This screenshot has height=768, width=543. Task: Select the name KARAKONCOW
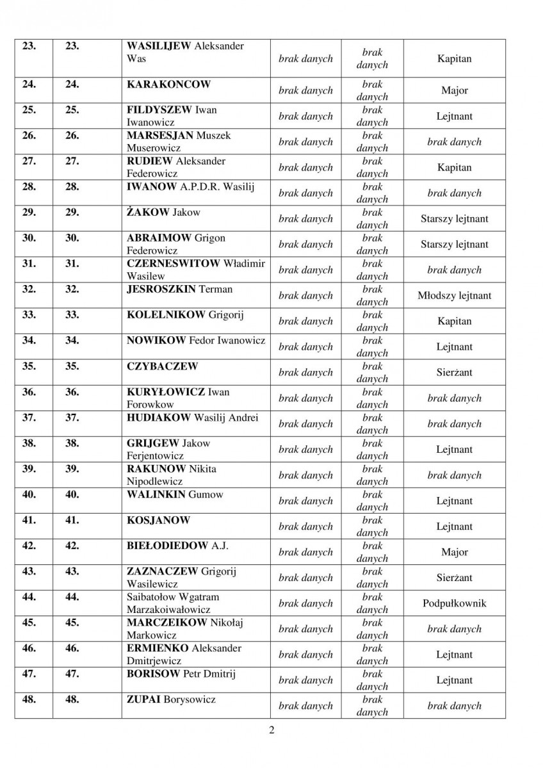tap(168, 85)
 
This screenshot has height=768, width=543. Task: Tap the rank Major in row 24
tap(454, 91)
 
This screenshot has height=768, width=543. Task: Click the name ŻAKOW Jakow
tap(164, 213)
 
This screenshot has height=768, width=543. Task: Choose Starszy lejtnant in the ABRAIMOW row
tap(454, 245)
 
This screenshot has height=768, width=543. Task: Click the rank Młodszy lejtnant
tap(454, 296)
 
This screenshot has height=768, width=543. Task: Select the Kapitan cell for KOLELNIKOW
tap(454, 322)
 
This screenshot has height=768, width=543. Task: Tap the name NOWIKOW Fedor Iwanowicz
tap(196, 341)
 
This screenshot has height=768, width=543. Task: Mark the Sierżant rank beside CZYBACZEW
tap(454, 373)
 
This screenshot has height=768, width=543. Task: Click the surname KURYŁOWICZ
tap(165, 392)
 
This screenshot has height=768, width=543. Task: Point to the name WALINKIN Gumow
tap(175, 494)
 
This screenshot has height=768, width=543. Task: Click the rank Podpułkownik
tap(454, 603)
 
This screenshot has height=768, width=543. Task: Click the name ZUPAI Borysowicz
tap(171, 699)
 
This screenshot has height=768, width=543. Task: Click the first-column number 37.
tap(29, 418)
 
